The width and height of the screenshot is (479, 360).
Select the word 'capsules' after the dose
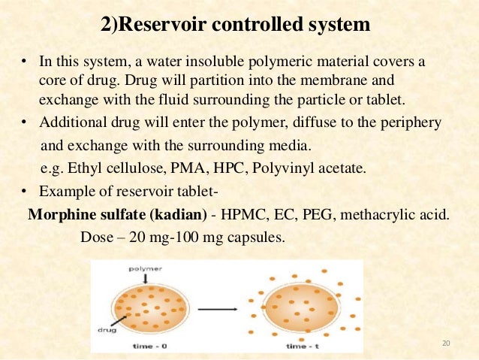point(255,237)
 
